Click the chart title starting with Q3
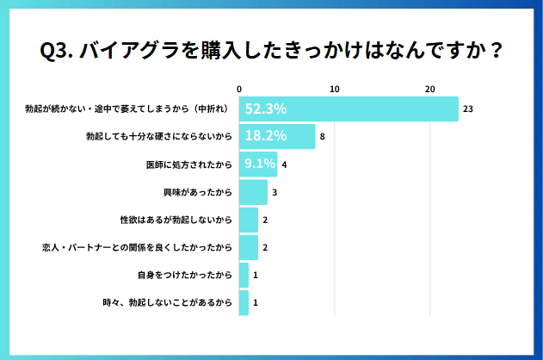pyautogui.click(x=271, y=51)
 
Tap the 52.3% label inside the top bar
pyautogui.click(x=265, y=109)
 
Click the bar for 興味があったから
pyautogui.click(x=253, y=192)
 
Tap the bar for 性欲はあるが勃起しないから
pyautogui.click(x=248, y=220)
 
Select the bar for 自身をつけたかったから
pyautogui.click(x=244, y=275)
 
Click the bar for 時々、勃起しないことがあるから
pyautogui.click(x=244, y=302)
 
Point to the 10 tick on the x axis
pyautogui.click(x=334, y=89)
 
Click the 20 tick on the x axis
pyautogui.click(x=429, y=89)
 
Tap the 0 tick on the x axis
pyautogui.click(x=239, y=89)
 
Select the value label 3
pyautogui.click(x=275, y=192)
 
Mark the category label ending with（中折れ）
pyautogui.click(x=127, y=109)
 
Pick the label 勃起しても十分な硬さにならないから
pyautogui.click(x=160, y=137)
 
